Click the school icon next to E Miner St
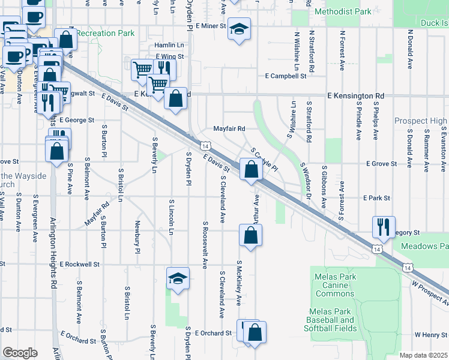point(239,29)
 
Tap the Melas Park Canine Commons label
point(334,285)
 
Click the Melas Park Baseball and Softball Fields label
point(331,320)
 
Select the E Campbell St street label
point(286,76)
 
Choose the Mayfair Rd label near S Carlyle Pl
point(230,128)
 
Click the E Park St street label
point(376,197)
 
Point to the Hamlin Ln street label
point(169,45)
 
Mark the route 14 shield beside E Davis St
point(205,146)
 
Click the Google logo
point(20,352)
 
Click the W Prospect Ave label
point(429,289)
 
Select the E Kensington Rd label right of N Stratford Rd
point(356,95)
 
